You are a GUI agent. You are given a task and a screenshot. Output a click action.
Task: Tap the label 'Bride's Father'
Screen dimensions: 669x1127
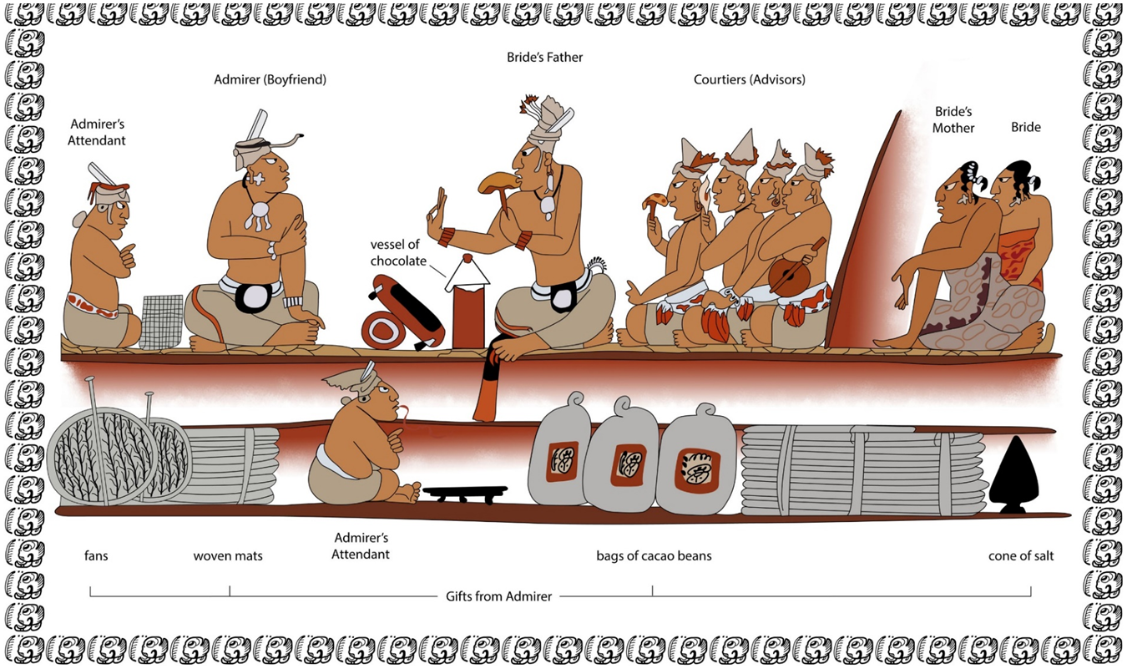pos(544,58)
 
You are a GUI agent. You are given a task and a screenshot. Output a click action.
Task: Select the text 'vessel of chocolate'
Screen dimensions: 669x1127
pos(399,253)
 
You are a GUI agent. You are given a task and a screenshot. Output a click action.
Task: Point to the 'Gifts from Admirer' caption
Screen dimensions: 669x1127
pos(498,596)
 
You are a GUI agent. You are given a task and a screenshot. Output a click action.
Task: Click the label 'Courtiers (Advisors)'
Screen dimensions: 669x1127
pos(749,79)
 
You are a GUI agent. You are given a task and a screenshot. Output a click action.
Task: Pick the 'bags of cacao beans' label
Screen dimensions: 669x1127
pos(654,555)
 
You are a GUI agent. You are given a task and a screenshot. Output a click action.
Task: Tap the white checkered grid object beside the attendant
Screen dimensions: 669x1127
pos(161,322)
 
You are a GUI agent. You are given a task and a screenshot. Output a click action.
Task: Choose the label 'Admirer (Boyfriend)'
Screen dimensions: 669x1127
pos(270,79)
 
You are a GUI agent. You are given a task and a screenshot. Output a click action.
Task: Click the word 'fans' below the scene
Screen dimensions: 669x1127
pos(96,555)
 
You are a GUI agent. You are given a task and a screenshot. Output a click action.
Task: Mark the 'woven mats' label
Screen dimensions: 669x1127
pos(228,555)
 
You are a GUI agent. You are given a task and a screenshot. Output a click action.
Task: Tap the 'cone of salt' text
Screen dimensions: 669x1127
pos(1020,555)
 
